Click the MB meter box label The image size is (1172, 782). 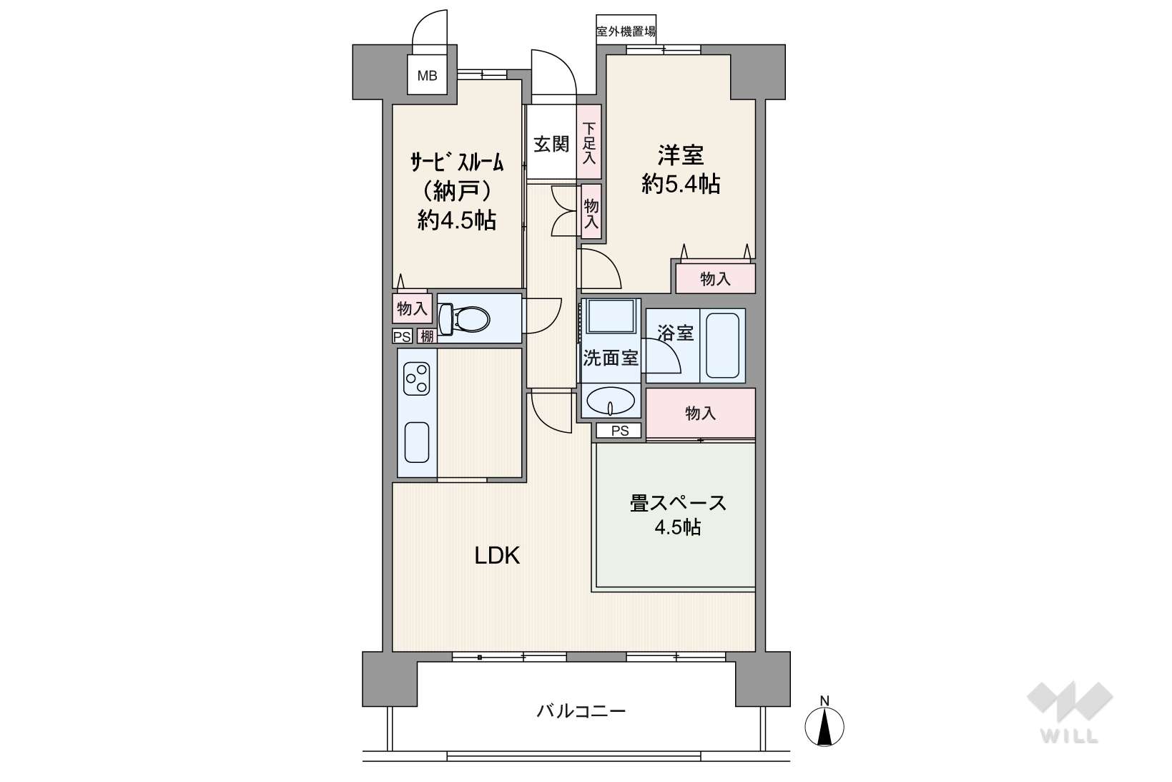[427, 76]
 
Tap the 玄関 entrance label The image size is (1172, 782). [551, 143]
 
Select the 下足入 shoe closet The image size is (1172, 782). [589, 142]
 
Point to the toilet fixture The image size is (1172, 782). [463, 318]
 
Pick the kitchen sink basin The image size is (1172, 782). [417, 442]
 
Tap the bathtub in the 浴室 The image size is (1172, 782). [722, 345]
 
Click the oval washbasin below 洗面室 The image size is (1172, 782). [611, 401]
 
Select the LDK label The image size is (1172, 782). [497, 555]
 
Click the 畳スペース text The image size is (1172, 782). [678, 504]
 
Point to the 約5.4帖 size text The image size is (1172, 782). [681, 184]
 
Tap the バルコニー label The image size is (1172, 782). [581, 711]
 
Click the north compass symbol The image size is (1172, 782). [824, 723]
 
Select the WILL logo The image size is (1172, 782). [1069, 712]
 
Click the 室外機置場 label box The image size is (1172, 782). [626, 31]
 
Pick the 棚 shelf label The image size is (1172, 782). [427, 336]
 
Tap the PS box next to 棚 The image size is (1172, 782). [403, 336]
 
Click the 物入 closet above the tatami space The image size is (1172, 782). [701, 413]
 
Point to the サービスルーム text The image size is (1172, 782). [456, 163]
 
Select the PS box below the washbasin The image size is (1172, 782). [620, 431]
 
